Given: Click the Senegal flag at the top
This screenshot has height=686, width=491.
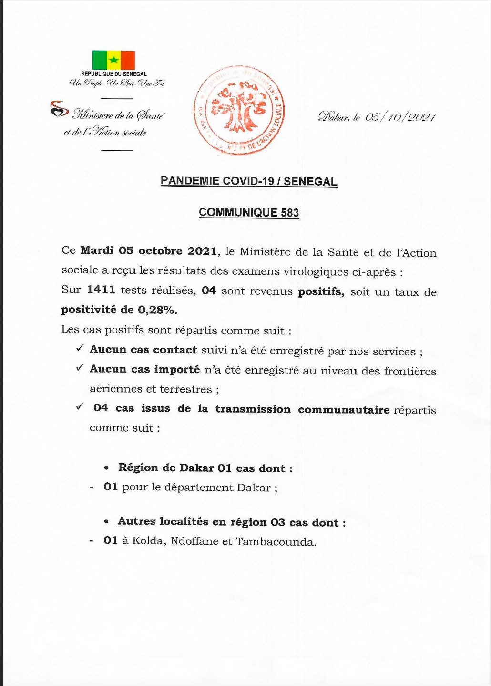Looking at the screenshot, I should (113, 60).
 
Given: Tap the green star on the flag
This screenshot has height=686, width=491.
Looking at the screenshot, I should (113, 60).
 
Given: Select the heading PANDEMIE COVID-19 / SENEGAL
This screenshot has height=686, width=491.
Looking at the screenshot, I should (248, 181).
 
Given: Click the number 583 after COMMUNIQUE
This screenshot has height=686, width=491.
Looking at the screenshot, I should (290, 213).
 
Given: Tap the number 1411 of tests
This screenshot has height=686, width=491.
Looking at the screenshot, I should (101, 290).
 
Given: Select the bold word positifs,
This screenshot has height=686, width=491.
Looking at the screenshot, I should (321, 291).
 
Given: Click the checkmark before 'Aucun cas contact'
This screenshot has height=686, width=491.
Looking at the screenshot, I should (80, 349).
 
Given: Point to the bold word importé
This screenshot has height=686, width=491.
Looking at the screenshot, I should (176, 370).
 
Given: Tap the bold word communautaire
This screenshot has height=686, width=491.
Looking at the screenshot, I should (344, 410).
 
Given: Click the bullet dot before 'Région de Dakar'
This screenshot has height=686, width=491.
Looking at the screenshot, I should (106, 468).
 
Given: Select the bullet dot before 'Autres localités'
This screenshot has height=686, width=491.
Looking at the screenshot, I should (106, 522).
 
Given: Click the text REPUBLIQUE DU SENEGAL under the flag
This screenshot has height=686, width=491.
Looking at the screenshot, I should (113, 74).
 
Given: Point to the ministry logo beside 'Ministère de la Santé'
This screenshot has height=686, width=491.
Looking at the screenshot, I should (59, 109).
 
